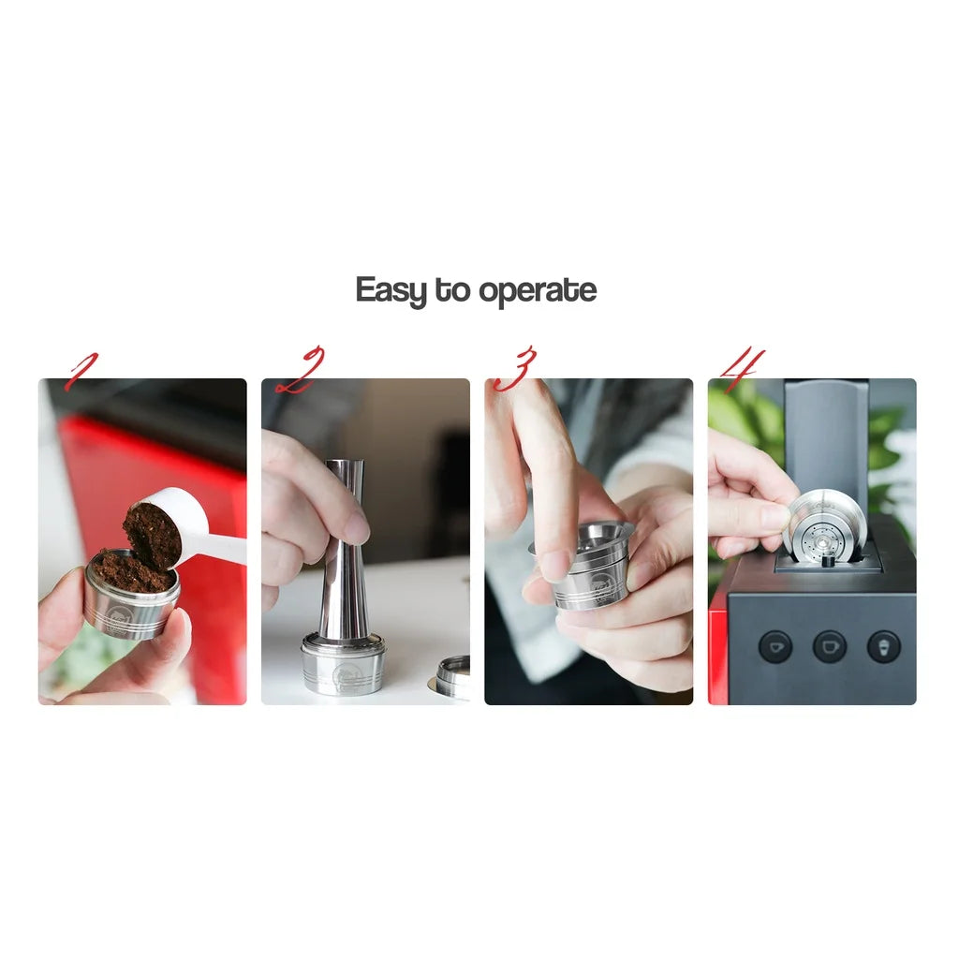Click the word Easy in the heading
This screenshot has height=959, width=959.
[391, 290]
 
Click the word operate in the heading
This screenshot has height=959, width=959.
[538, 291]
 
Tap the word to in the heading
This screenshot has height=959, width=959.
[452, 290]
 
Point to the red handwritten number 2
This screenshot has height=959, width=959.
[301, 371]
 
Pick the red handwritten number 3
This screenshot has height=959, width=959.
[515, 368]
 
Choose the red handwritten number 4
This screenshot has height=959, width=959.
[743, 368]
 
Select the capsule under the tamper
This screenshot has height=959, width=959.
[343, 665]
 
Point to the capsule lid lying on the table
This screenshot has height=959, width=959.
[450, 678]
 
